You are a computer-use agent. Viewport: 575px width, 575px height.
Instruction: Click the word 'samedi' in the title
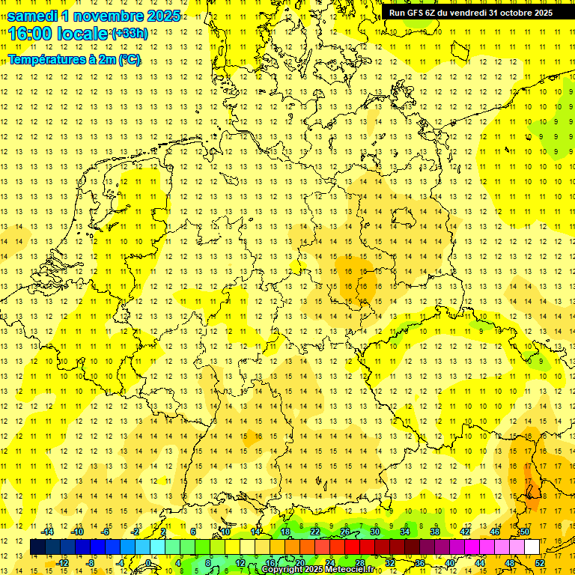click(x=34, y=16)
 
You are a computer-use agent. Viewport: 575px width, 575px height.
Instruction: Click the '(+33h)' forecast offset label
click(x=129, y=34)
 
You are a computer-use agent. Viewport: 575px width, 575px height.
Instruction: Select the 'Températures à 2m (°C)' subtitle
click(x=74, y=60)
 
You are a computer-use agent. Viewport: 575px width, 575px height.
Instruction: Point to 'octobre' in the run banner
click(x=509, y=13)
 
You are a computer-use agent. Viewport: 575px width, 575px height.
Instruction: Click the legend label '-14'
click(x=49, y=531)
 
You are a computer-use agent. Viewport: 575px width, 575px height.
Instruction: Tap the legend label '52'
click(x=540, y=562)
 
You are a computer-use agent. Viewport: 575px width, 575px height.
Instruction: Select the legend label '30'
click(x=375, y=531)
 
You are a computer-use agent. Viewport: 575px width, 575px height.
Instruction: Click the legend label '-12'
click(x=64, y=562)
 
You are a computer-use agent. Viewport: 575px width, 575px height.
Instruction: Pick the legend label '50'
click(x=525, y=531)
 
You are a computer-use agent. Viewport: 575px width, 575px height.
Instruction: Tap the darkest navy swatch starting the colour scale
click(x=37, y=547)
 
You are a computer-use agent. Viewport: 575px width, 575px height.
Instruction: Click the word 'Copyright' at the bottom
click(x=282, y=570)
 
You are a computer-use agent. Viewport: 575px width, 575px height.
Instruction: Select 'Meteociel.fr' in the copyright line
click(x=357, y=570)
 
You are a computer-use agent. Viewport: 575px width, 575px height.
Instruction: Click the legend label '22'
click(x=315, y=531)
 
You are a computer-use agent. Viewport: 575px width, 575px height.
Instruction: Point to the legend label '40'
click(x=450, y=562)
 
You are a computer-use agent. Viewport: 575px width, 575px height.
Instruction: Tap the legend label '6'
click(x=193, y=531)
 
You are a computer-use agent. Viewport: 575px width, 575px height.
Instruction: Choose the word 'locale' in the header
click(x=83, y=34)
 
